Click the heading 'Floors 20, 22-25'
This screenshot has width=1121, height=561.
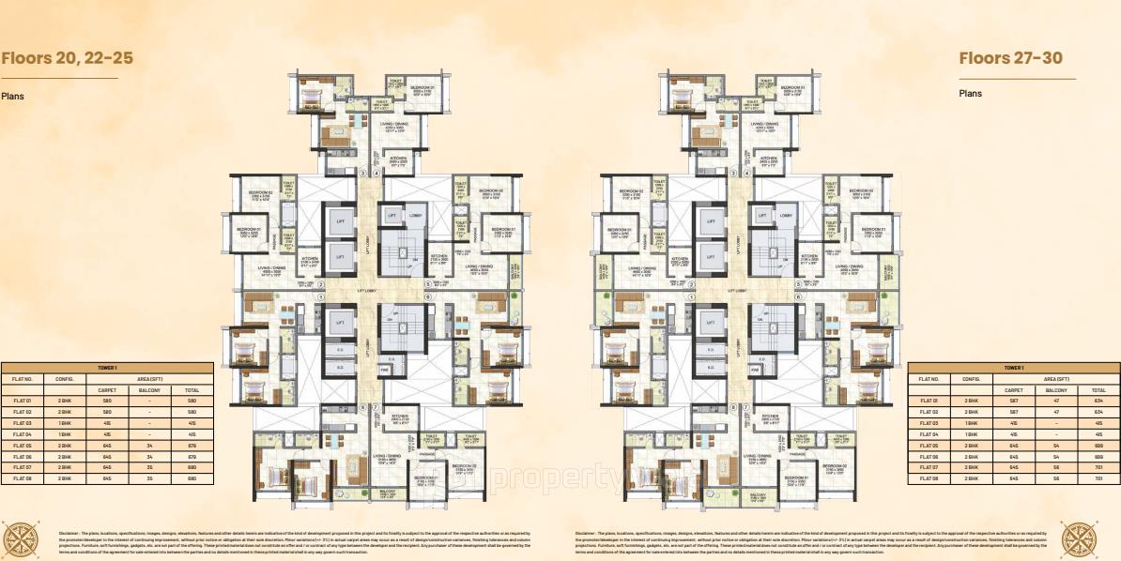click(68, 58)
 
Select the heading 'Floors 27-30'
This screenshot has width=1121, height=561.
click(1010, 58)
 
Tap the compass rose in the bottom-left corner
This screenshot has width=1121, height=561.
click(21, 540)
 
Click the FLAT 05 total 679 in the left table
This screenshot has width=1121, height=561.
click(192, 445)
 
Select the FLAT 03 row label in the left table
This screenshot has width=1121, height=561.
click(23, 423)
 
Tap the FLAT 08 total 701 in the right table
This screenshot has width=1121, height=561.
click(1098, 478)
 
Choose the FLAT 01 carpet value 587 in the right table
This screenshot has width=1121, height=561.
click(1013, 401)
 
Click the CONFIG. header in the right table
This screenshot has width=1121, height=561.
click(971, 379)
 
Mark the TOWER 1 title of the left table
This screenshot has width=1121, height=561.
click(107, 368)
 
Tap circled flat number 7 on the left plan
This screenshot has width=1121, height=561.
click(375, 406)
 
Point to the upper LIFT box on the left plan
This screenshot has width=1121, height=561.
click(340, 221)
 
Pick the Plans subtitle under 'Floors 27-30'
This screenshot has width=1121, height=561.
click(970, 94)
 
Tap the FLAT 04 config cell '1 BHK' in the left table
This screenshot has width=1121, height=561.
click(64, 433)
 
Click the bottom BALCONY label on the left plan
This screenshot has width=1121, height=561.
click(388, 491)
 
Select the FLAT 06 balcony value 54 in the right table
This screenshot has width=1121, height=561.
click(1056, 456)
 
